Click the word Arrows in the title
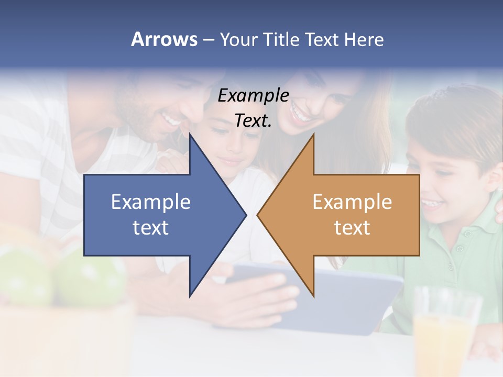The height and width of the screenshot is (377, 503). pyautogui.click(x=164, y=39)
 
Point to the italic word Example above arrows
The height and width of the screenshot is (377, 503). pyautogui.click(x=253, y=95)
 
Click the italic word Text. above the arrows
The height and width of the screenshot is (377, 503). pyautogui.click(x=253, y=120)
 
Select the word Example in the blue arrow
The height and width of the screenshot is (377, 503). pyautogui.click(x=151, y=202)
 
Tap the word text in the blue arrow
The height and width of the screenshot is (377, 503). pyautogui.click(x=151, y=228)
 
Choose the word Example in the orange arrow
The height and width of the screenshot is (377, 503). pyautogui.click(x=352, y=202)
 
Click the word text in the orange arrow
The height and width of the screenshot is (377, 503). pyautogui.click(x=352, y=228)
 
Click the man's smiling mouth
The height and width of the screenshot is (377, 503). pyautogui.click(x=171, y=121)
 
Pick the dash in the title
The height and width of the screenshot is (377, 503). pyautogui.click(x=208, y=40)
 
